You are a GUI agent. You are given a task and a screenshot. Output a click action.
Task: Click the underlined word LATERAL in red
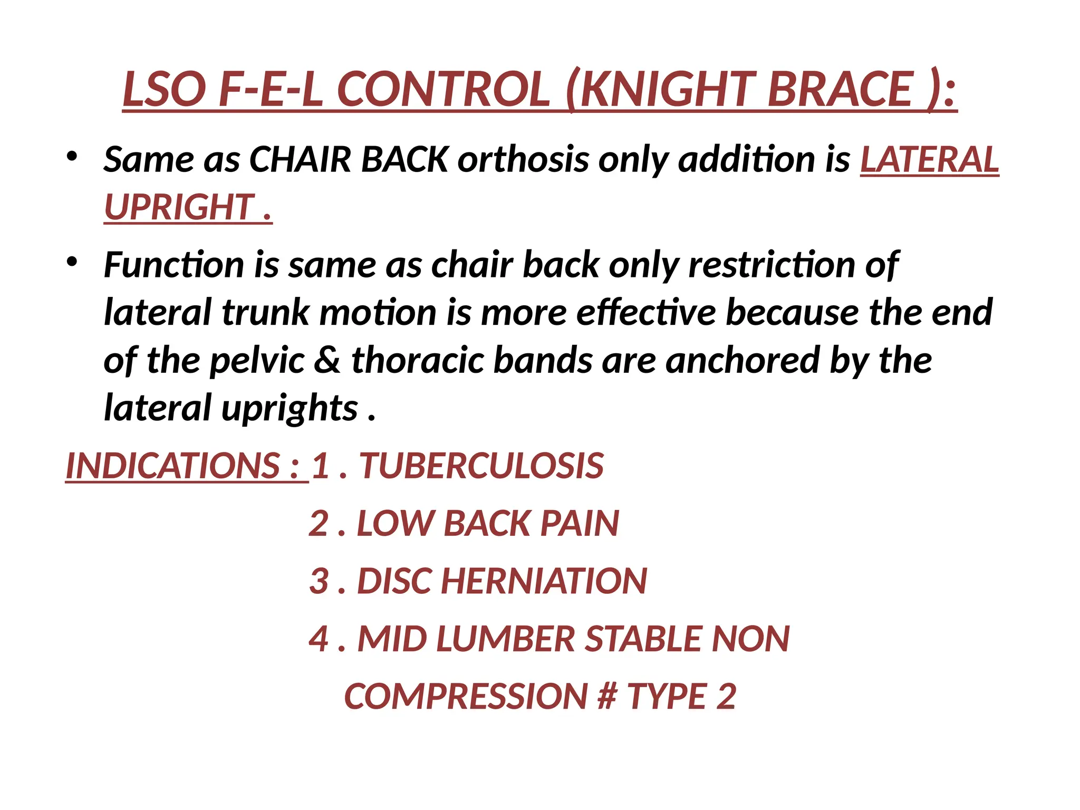coord(929,159)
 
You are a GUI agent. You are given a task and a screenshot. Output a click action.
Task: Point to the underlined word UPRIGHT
coord(180,207)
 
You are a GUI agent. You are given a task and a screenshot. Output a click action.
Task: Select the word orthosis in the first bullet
coord(523,159)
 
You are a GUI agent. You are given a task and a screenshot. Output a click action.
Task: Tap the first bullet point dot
coord(72,156)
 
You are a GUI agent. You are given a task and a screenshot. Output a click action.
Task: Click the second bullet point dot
coord(72,261)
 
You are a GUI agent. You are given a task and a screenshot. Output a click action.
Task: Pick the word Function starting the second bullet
coord(173,265)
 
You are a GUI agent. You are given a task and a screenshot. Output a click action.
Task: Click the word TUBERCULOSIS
coord(481,466)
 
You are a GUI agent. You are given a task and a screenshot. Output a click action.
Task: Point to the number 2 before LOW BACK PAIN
coord(319,524)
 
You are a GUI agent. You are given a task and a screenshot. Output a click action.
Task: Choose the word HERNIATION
coord(544,581)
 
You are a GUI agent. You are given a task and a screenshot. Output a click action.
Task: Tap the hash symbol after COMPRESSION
coord(607,697)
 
